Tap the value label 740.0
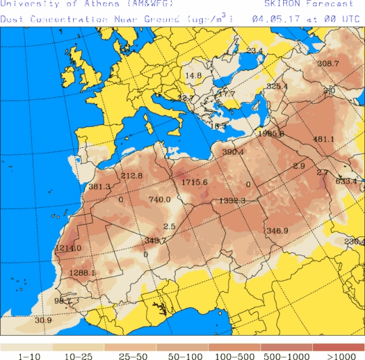pos(160,199)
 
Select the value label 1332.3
pos(232,201)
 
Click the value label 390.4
pos(233,152)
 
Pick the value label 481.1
pos(324,140)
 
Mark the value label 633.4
pos(346,181)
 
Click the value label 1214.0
pos(68,249)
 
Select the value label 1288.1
pos(82,273)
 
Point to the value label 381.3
pos(99,187)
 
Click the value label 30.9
pos(43,320)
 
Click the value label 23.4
pos(255,51)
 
